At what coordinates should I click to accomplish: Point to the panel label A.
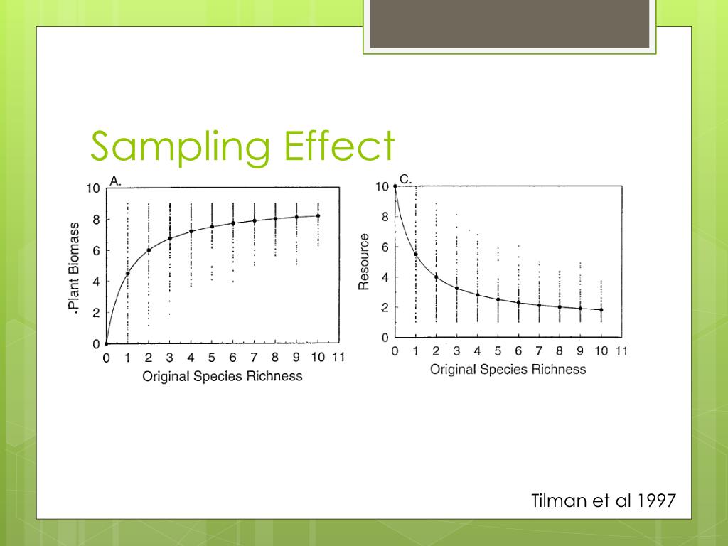(x=115, y=181)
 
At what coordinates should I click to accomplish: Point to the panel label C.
(x=405, y=179)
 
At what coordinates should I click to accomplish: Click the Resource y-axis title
(x=364, y=262)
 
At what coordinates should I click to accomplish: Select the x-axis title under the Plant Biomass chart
(x=223, y=376)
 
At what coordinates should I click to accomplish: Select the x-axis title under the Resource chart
(x=508, y=369)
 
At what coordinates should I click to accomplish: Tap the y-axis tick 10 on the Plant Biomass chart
(x=93, y=189)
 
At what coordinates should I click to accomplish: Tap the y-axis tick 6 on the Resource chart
(x=384, y=247)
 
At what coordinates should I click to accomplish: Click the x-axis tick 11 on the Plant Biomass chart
(x=339, y=358)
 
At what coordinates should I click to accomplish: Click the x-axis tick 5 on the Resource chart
(x=498, y=350)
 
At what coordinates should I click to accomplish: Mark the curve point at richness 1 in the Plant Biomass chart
(x=127, y=274)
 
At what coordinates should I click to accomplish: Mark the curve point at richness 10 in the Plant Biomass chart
(x=318, y=215)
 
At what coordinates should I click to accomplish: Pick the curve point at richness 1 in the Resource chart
(x=415, y=255)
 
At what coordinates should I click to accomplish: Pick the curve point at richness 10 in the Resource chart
(x=601, y=309)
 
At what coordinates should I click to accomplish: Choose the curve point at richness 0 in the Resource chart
(x=395, y=186)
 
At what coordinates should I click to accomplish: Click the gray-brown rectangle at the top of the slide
(x=509, y=24)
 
